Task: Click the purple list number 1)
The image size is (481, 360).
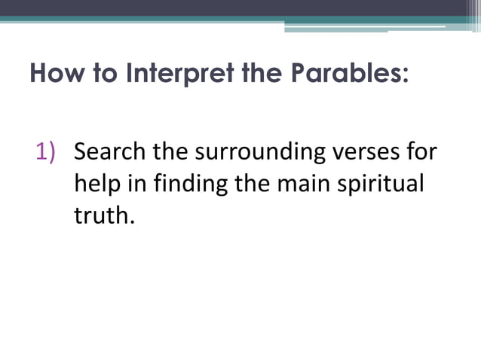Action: [x=47, y=151]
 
